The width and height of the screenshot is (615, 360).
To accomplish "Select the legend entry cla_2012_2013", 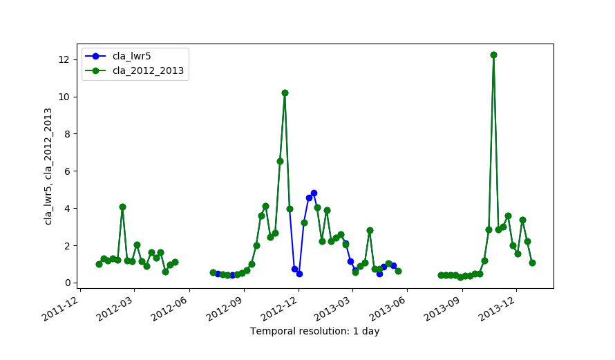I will point(149,70).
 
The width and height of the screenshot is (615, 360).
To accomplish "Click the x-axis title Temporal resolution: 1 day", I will point(314,331).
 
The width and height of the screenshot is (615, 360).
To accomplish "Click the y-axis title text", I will point(48,166).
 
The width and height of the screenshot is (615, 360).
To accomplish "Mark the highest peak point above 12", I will point(493,55).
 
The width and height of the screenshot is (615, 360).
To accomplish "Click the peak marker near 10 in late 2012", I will point(285,93).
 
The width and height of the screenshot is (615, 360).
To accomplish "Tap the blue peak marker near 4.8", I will point(314,193).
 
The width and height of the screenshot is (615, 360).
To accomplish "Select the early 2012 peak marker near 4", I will point(122,207).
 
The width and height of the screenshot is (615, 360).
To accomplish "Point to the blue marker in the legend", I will point(97,57).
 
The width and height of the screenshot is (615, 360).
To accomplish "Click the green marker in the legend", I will point(97,70).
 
